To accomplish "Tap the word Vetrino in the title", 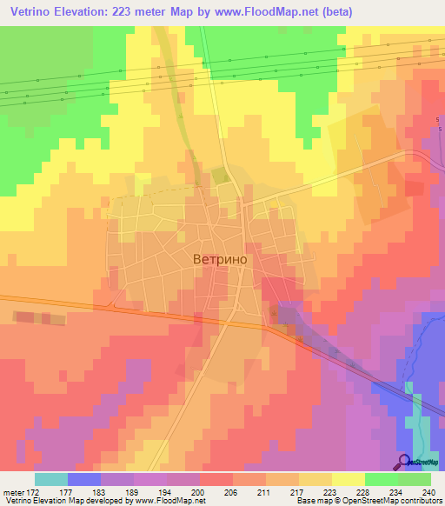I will click(34, 11).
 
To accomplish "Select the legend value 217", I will click(282, 492).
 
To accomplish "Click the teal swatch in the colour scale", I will click(51, 479).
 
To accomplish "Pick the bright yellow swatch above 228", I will click(349, 479).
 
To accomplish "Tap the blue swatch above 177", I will click(84, 479).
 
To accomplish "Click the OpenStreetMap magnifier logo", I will click(403, 461).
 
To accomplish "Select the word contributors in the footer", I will click(416, 502).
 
